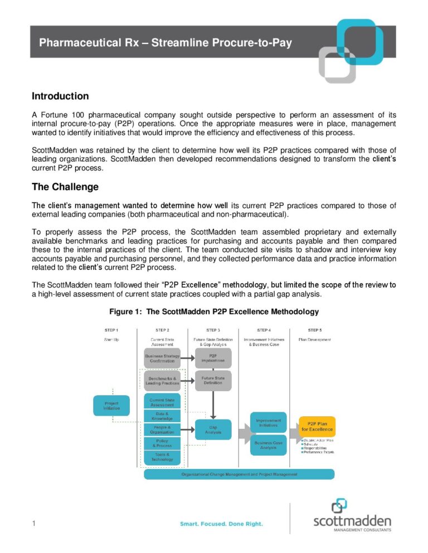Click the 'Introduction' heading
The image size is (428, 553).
pyautogui.click(x=60, y=96)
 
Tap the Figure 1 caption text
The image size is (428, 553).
pyautogui.click(x=213, y=311)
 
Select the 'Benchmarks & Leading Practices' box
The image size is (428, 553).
pyautogui.click(x=162, y=381)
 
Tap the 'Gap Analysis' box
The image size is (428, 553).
pyautogui.click(x=213, y=429)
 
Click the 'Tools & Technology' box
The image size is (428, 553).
pyautogui.click(x=162, y=457)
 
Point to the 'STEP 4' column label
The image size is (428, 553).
pyautogui.click(x=264, y=330)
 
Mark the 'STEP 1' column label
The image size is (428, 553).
pyautogui.click(x=111, y=330)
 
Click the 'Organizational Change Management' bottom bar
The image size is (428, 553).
pyautogui.click(x=239, y=474)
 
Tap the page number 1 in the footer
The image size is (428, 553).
pyautogui.click(x=34, y=524)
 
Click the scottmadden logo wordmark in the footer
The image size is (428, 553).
pyautogui.click(x=352, y=521)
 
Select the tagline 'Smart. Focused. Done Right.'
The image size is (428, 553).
pyautogui.click(x=221, y=524)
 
